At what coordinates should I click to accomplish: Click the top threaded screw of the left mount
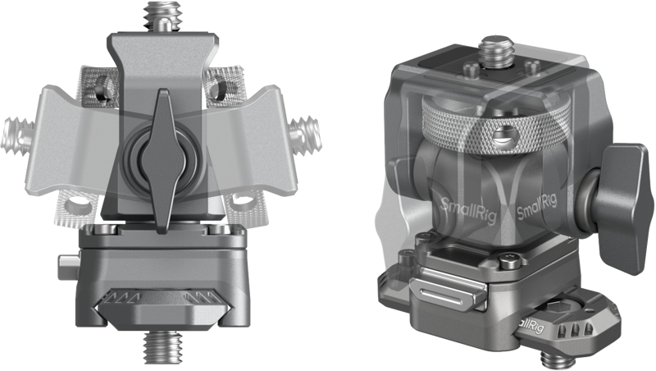pos(162,16)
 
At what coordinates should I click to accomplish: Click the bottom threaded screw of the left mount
pos(163,346)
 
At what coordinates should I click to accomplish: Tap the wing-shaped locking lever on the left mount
pos(162,161)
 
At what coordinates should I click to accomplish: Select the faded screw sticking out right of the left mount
pos(306,135)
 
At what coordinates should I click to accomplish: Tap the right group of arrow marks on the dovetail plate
pos(202,299)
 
